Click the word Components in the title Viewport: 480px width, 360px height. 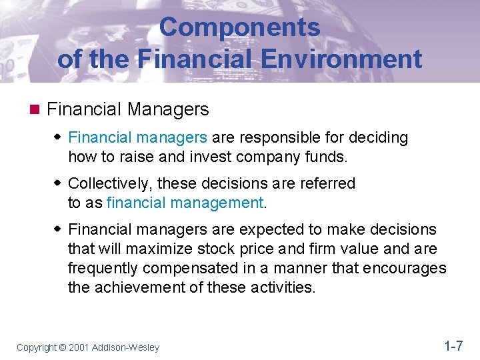[x=240, y=27]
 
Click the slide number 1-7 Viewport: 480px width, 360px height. [x=453, y=346]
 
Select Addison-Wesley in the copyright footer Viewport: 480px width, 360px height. [x=126, y=347]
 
